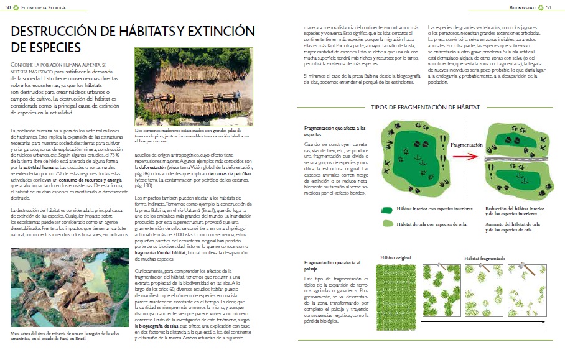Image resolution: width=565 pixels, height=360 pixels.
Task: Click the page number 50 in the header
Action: click(7, 7)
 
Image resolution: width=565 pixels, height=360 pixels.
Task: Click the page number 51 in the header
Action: click(549, 7)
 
